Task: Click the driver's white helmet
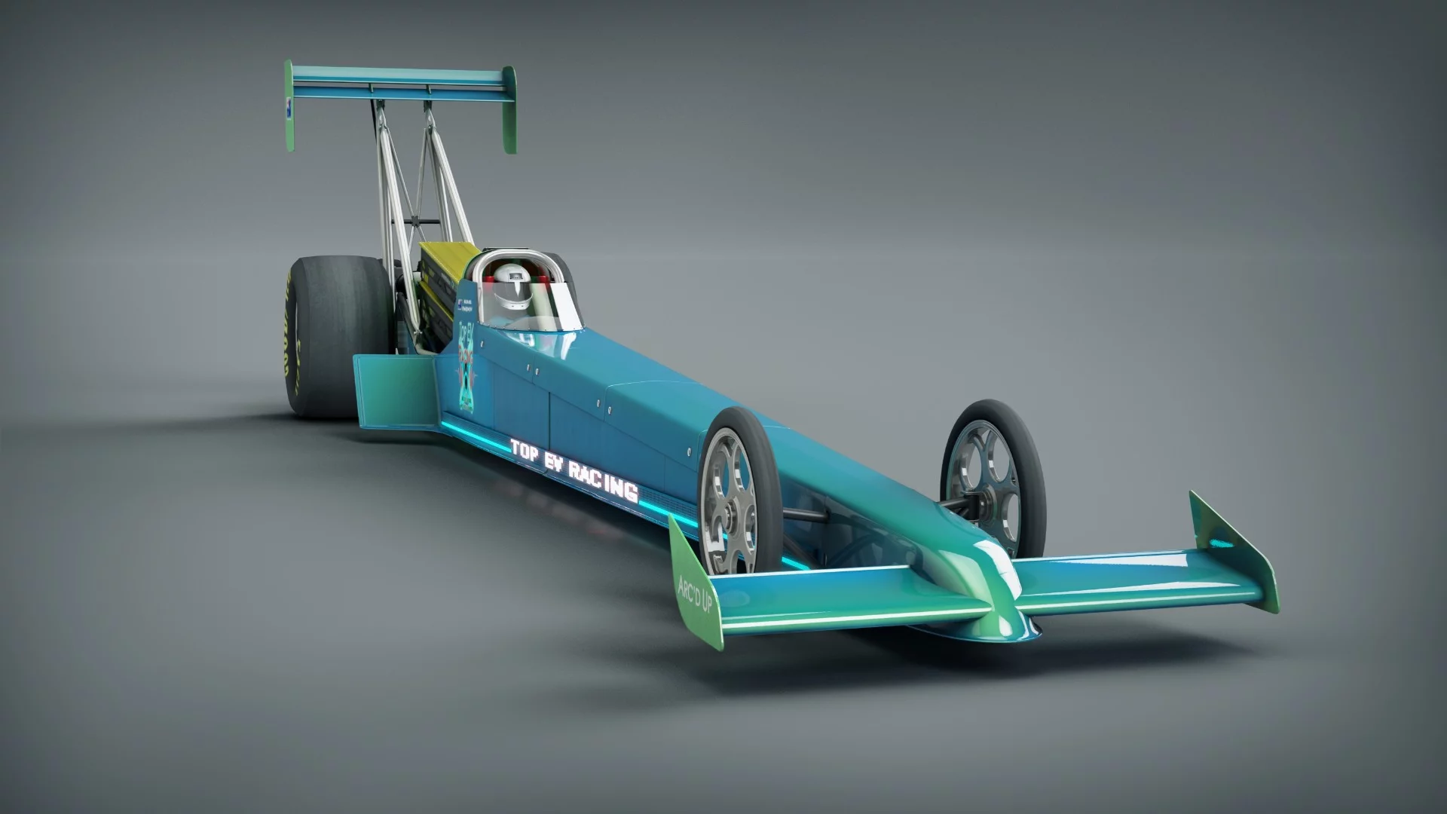[x=513, y=290]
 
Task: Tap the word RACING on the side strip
[x=603, y=480]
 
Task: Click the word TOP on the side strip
[x=525, y=449]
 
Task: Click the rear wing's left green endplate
[x=289, y=106]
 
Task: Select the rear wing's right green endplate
[x=509, y=109]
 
